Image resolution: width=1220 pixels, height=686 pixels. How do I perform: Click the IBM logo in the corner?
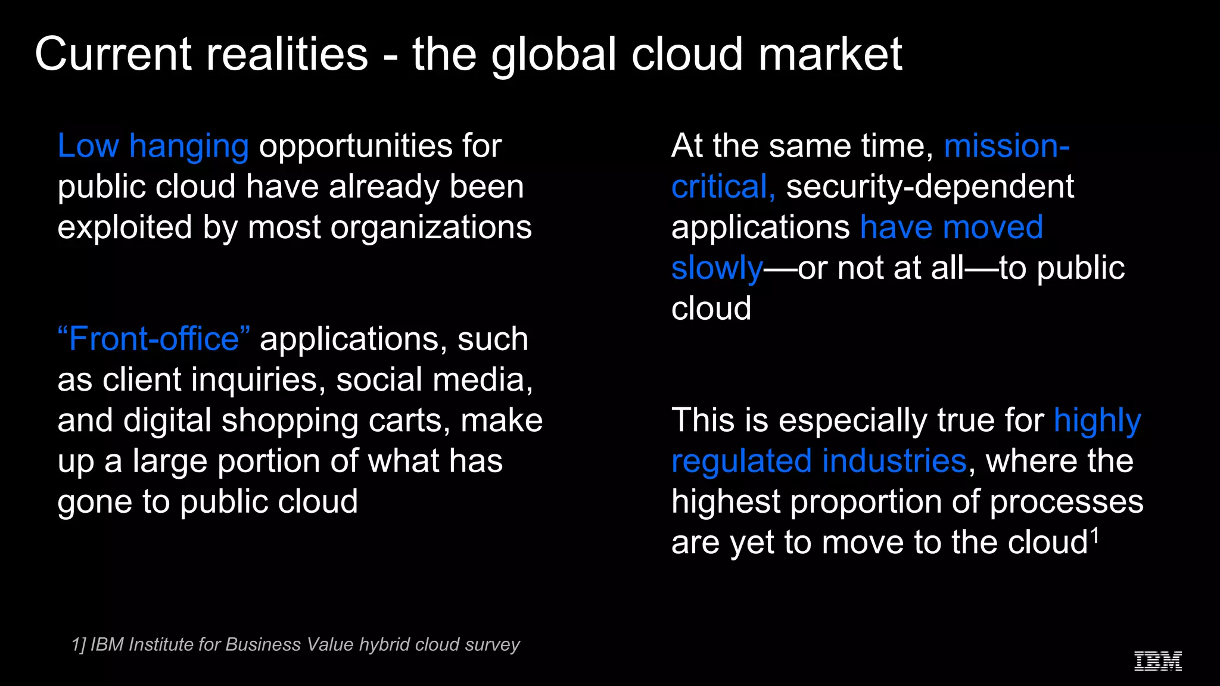(x=1157, y=661)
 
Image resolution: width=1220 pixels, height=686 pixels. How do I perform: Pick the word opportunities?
(x=356, y=147)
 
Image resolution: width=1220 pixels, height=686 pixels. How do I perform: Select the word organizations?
(x=431, y=229)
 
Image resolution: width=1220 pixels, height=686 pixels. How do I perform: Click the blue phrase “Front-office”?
(x=154, y=339)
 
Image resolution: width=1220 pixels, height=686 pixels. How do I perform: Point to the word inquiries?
(x=259, y=380)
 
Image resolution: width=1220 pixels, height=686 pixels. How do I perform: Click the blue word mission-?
(x=1007, y=146)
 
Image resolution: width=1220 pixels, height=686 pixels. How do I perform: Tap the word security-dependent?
(x=930, y=187)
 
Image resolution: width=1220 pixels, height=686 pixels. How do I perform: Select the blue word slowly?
(x=717, y=269)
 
